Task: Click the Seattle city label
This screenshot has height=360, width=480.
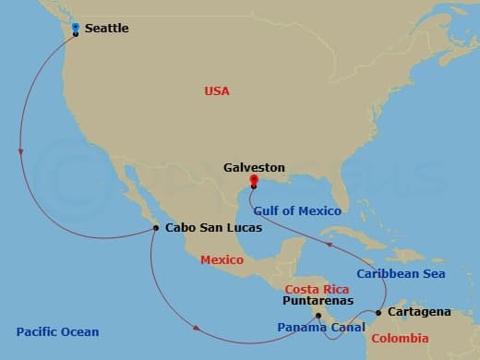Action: (106, 29)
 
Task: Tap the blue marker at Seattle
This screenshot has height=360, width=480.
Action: (76, 28)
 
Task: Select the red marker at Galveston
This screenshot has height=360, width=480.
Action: (254, 181)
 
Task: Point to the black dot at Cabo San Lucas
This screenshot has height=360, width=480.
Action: (156, 228)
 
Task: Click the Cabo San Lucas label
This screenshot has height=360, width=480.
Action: (213, 227)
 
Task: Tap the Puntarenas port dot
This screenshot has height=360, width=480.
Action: (319, 316)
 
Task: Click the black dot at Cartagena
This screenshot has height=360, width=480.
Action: (378, 313)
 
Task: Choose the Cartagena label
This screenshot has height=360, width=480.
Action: (420, 312)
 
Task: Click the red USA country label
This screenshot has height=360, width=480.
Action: (217, 90)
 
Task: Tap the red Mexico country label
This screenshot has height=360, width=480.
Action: (222, 260)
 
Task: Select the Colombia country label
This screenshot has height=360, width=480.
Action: (400, 339)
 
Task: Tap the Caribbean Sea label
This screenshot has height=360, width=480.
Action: (401, 274)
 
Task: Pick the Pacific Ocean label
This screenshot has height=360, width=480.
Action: (57, 331)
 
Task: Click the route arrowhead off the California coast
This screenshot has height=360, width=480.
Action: (20, 153)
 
